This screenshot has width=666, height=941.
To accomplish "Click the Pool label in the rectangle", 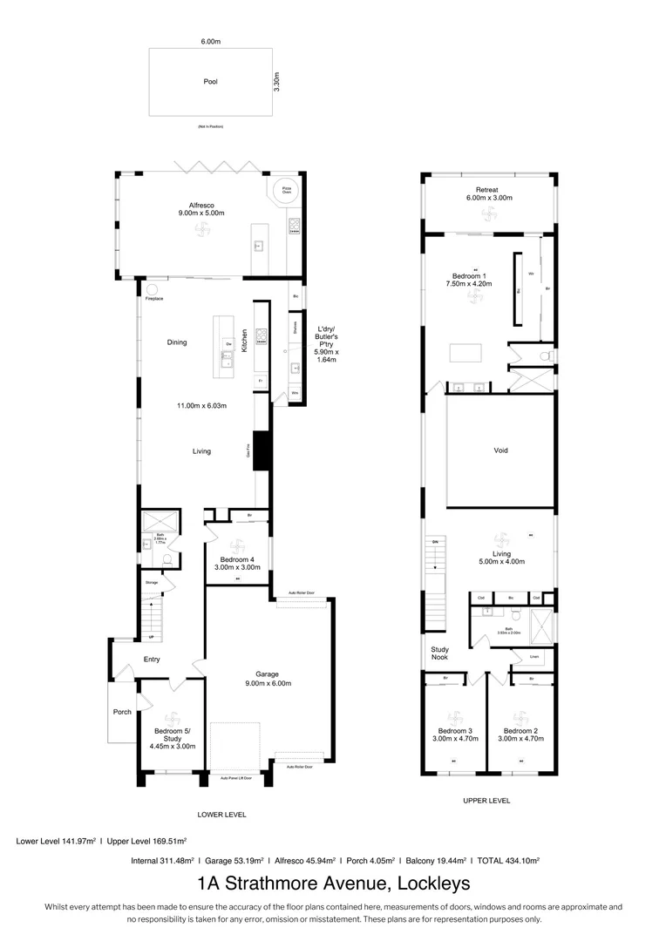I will pyautogui.click(x=210, y=82).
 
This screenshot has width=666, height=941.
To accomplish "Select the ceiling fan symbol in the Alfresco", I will pyautogui.click(x=207, y=229).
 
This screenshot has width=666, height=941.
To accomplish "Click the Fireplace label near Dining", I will pyautogui.click(x=154, y=300).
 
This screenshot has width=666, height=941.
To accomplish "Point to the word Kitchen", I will pyautogui.click(x=246, y=341).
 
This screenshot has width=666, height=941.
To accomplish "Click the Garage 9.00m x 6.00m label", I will pyautogui.click(x=267, y=679).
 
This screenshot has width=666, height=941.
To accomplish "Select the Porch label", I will pyautogui.click(x=122, y=712).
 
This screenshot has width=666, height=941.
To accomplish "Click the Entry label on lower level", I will pyautogui.click(x=152, y=660).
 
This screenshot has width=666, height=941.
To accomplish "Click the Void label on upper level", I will pyautogui.click(x=500, y=450).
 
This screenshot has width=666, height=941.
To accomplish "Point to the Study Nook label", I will pyautogui.click(x=439, y=653).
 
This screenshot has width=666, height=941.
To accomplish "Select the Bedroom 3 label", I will pyautogui.click(x=455, y=734).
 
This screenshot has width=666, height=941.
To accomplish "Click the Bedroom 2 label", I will pyautogui.click(x=520, y=734).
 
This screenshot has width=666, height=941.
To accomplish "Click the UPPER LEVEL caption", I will pyautogui.click(x=486, y=801).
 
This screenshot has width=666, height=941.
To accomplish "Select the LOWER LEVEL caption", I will pyautogui.click(x=222, y=815).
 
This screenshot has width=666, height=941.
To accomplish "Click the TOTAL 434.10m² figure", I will pyautogui.click(x=507, y=860).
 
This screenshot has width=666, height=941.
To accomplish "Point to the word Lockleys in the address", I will pyautogui.click(x=433, y=883).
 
